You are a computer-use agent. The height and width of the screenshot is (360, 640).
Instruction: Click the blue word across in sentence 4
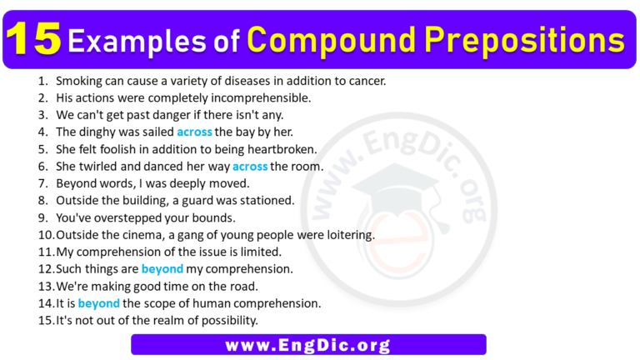(x=194, y=132)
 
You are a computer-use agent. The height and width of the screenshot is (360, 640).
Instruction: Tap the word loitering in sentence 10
(x=347, y=235)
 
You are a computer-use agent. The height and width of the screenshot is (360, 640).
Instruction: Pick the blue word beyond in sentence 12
(x=162, y=269)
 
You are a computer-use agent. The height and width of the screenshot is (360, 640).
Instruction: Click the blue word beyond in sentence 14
(x=99, y=303)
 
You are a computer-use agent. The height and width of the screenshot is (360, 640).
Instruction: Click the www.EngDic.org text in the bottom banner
(x=309, y=344)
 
